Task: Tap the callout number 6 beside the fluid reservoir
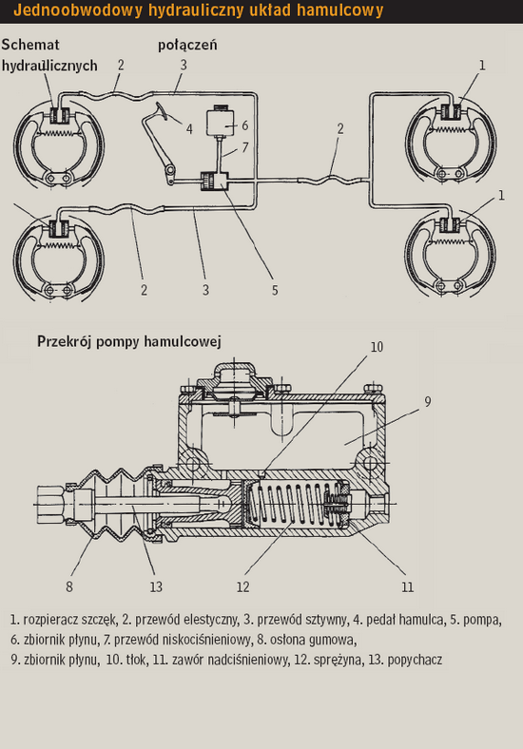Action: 244,125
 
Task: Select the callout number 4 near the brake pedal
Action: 189,129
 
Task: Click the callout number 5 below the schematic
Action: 275,290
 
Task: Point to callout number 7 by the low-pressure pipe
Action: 244,147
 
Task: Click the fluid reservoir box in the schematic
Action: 220,123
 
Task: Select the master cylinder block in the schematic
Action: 214,182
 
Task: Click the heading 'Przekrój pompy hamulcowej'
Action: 129,342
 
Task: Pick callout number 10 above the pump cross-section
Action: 377,347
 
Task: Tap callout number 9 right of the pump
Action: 427,402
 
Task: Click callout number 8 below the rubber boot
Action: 69,586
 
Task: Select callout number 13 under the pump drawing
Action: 156,586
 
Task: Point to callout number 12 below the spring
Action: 242,586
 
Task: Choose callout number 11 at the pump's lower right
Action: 407,586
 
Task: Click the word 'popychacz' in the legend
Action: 415,660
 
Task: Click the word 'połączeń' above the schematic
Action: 187,45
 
